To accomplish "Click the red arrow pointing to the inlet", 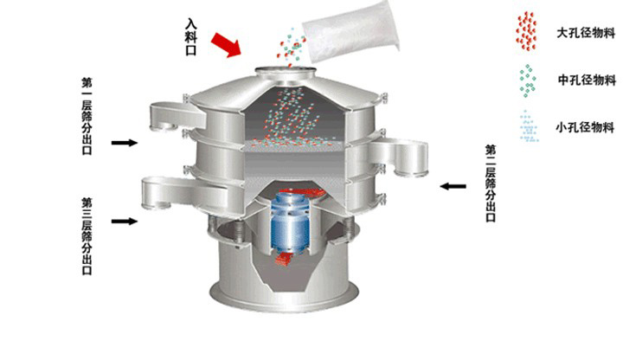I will [x=227, y=43].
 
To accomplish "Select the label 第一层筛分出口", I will [x=87, y=115].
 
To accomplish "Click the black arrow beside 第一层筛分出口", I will [x=124, y=142].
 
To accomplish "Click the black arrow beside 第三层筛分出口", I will [x=124, y=222].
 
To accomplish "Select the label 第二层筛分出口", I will [x=491, y=184].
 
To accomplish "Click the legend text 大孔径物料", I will [x=586, y=35].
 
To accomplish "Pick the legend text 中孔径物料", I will [x=586, y=80].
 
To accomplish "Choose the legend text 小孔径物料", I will [x=586, y=127].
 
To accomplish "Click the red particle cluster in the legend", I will [x=524, y=31].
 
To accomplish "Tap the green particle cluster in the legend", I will [x=524, y=80].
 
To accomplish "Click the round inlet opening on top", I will [x=286, y=68].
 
